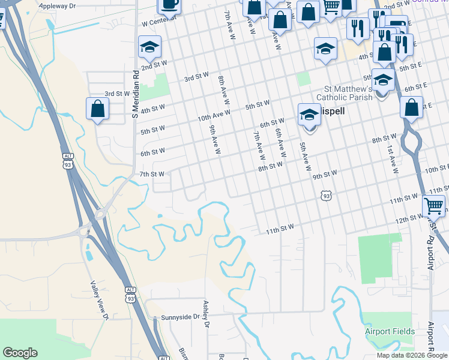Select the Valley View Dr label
(100, 301)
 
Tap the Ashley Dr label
(207, 314)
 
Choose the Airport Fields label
(390, 331)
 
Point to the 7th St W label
(152, 174)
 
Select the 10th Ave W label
(214, 113)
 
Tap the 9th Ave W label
(215, 139)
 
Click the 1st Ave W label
(393, 158)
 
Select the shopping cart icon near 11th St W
(434, 205)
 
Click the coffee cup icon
(169, 5)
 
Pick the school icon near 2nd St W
(149, 46)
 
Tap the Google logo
(20, 353)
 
